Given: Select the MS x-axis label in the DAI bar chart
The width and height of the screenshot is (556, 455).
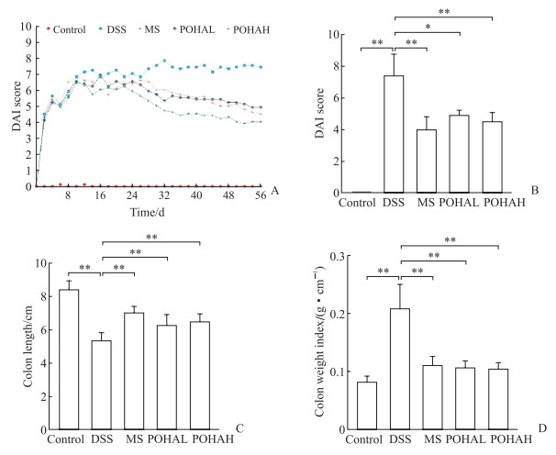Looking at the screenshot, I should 428,204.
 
